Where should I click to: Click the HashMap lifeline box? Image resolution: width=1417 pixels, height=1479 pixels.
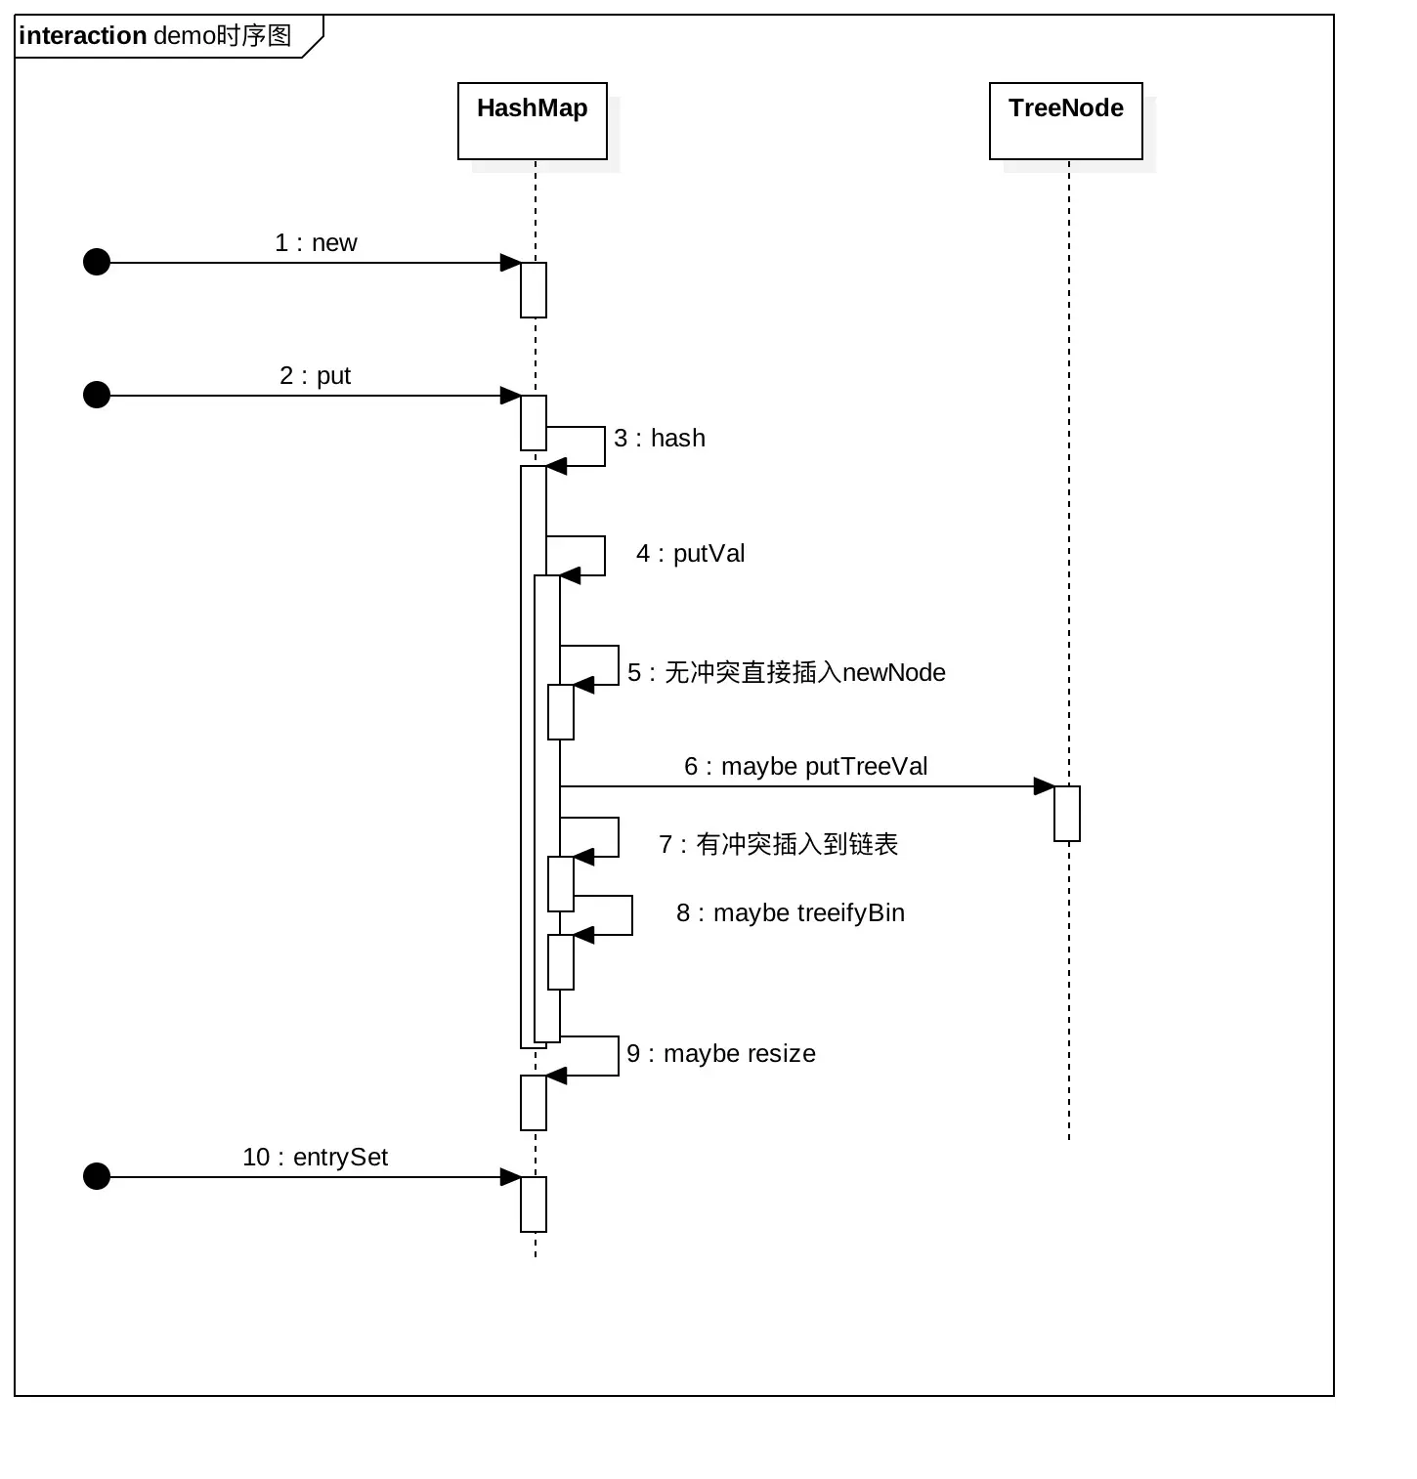tap(533, 120)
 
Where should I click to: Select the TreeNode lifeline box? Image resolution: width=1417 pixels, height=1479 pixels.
tap(1065, 120)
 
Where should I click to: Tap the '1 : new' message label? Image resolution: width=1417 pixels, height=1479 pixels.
tap(316, 243)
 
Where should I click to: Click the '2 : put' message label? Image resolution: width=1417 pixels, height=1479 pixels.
tap(315, 376)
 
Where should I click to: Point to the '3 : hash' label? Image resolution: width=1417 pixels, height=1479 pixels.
tap(660, 439)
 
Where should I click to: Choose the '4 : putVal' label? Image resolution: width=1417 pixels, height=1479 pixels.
tap(691, 554)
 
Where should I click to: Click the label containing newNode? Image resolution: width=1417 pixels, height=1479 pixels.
tap(787, 673)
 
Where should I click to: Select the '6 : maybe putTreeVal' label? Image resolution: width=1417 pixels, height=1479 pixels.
tap(805, 767)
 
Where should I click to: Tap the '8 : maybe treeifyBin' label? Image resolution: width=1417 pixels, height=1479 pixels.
tap(791, 913)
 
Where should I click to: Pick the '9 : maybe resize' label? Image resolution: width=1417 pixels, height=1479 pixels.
tap(721, 1054)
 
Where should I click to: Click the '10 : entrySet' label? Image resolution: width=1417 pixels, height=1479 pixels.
tap(315, 1158)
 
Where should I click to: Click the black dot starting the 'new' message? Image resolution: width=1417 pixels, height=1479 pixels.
tap(97, 262)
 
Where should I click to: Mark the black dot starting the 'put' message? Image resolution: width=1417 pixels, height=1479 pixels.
tap(97, 395)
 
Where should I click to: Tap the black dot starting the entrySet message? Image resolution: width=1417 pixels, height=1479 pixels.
tap(97, 1176)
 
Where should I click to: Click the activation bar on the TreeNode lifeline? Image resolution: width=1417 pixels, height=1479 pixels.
tap(1067, 814)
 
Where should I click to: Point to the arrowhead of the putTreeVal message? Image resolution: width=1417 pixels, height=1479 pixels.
tap(1044, 786)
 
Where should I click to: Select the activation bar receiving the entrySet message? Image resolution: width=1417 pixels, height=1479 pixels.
tap(534, 1204)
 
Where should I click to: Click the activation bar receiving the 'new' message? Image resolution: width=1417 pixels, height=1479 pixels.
tap(534, 290)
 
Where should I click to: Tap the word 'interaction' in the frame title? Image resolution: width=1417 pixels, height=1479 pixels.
tap(82, 36)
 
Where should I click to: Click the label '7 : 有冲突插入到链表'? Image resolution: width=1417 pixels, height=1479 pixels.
tap(778, 845)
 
